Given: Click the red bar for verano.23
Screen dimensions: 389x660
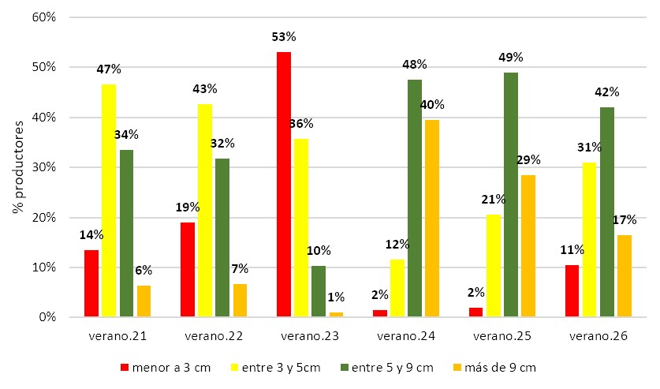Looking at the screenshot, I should (284, 185).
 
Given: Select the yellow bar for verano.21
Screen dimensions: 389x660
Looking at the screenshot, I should (109, 200).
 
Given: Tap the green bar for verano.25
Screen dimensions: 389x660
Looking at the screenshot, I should (511, 195).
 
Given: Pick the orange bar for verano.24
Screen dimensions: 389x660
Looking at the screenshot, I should (432, 219).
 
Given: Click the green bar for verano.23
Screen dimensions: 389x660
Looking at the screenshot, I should (319, 292).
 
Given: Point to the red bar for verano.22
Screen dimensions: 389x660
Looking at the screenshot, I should (188, 270).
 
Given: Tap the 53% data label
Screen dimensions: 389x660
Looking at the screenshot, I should (284, 36).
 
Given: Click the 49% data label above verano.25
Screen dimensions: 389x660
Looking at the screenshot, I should (511, 57).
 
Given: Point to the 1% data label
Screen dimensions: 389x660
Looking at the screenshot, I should (336, 297).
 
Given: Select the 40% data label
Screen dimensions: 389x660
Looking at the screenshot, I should (432, 105).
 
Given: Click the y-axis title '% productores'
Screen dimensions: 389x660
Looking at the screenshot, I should (17, 167).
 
